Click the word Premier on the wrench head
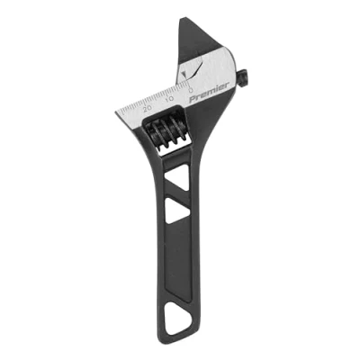click(210, 93)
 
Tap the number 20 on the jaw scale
click(148, 108)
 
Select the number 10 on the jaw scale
click(170, 99)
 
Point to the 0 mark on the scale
click(190, 89)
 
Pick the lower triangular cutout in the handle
click(176, 211)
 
